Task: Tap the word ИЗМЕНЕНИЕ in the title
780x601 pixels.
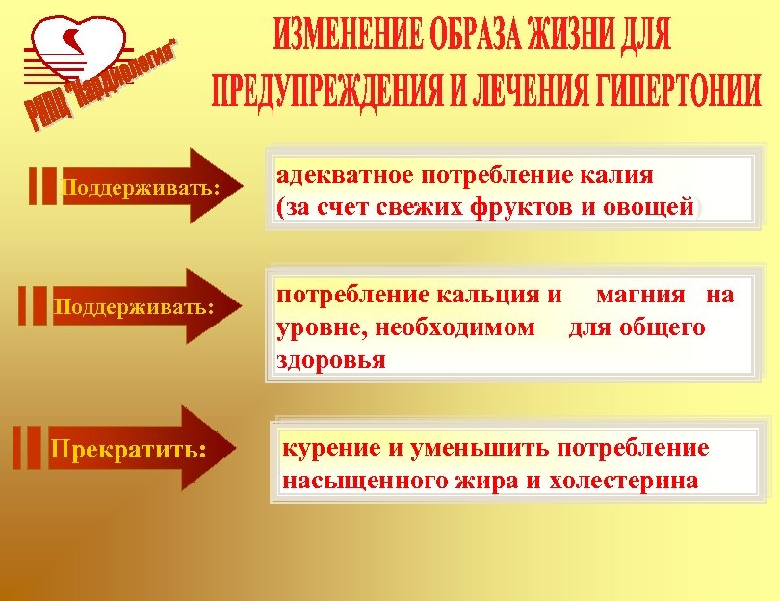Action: (x=347, y=37)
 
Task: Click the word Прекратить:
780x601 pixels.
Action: (x=128, y=449)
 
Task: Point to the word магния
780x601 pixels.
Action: (x=644, y=295)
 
